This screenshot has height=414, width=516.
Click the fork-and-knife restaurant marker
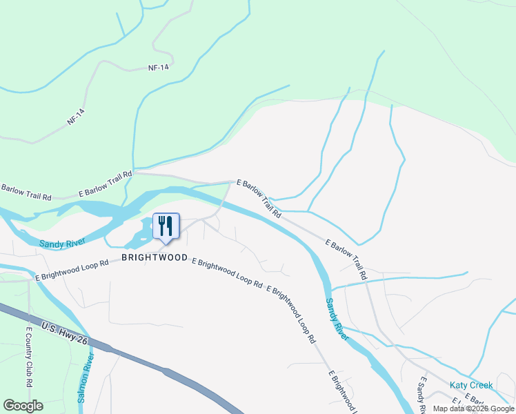pyautogui.click(x=166, y=226)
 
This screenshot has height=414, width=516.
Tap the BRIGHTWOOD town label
pyautogui.click(x=155, y=257)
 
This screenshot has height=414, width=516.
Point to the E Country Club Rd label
pyautogui.click(x=29, y=356)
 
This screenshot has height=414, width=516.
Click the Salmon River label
pyautogui.click(x=86, y=379)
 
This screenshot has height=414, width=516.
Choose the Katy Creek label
pyautogui.click(x=471, y=385)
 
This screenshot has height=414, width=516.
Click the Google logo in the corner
pyautogui.click(x=23, y=406)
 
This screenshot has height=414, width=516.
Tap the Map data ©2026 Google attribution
pyautogui.click(x=473, y=408)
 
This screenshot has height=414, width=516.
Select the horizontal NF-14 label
pyautogui.click(x=159, y=68)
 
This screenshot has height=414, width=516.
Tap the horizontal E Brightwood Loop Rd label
pyautogui.click(x=72, y=268)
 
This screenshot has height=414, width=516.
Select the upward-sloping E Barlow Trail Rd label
pyautogui.click(x=105, y=184)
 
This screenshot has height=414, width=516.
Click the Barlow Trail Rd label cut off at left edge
pyautogui.click(x=26, y=192)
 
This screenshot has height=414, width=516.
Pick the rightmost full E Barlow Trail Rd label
pyautogui.click(x=346, y=260)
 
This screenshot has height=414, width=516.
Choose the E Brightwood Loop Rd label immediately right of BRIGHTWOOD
pyautogui.click(x=227, y=273)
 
